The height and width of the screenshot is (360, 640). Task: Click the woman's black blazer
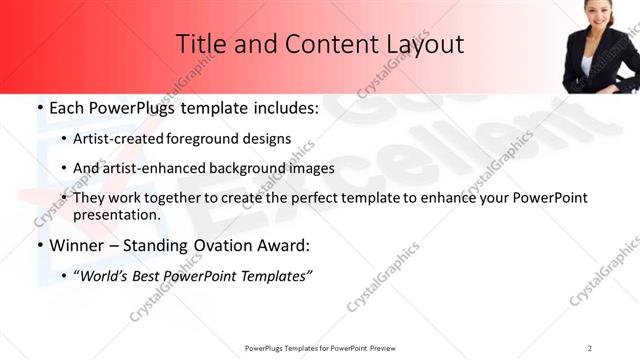click(x=588, y=62)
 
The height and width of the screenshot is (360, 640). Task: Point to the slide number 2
click(x=590, y=347)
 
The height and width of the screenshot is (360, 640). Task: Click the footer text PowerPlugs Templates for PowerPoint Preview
click(x=319, y=347)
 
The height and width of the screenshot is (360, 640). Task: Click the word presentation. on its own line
click(x=116, y=215)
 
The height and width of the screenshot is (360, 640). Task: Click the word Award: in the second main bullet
click(x=282, y=245)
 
